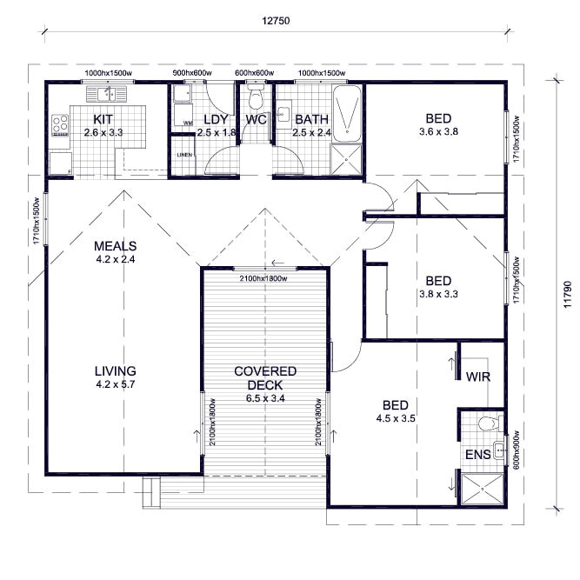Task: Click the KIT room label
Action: (x=103, y=119)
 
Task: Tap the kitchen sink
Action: (x=107, y=94)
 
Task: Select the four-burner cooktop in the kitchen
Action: (x=60, y=125)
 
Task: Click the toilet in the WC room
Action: (x=256, y=97)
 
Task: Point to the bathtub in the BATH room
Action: (x=347, y=114)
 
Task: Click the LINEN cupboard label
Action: (x=184, y=155)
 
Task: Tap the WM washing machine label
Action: (x=189, y=123)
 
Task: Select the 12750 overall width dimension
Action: (x=276, y=21)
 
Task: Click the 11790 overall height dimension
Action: (x=568, y=295)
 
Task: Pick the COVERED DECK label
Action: (x=265, y=378)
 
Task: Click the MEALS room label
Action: (x=115, y=246)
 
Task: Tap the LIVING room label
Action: (x=116, y=371)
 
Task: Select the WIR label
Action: (x=478, y=377)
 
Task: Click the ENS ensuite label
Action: (x=478, y=455)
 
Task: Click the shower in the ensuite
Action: (x=483, y=489)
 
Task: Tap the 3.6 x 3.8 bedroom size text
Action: (x=439, y=131)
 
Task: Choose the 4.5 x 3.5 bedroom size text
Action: (x=396, y=418)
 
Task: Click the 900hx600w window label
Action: (x=192, y=73)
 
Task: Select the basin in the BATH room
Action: (x=283, y=114)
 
